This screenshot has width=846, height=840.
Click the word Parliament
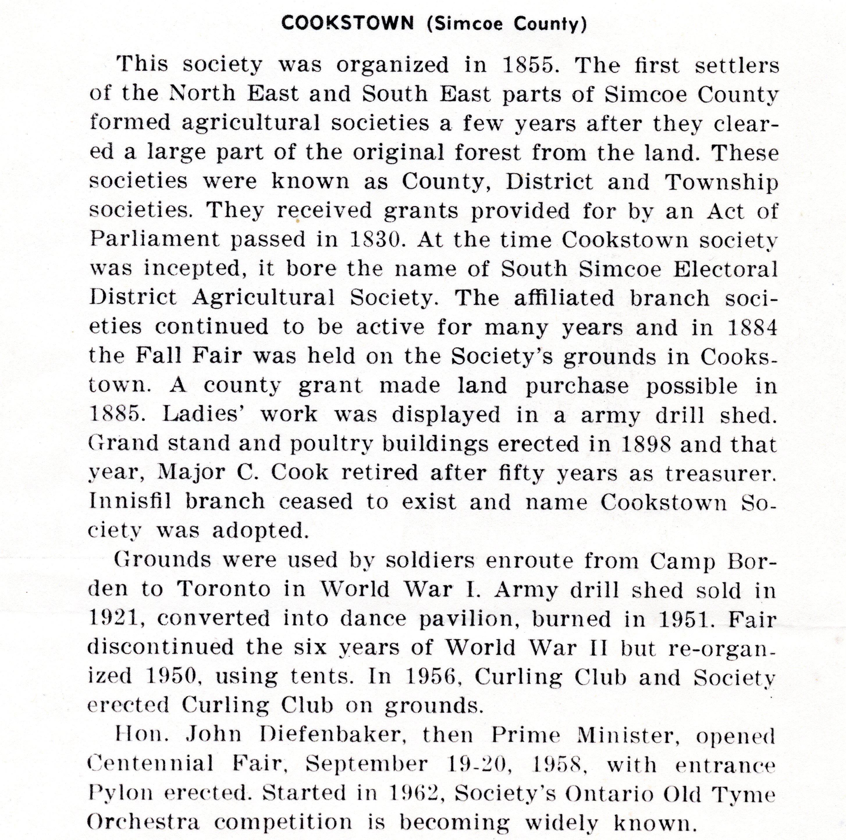pos(154,239)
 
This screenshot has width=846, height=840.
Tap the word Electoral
pos(725,269)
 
